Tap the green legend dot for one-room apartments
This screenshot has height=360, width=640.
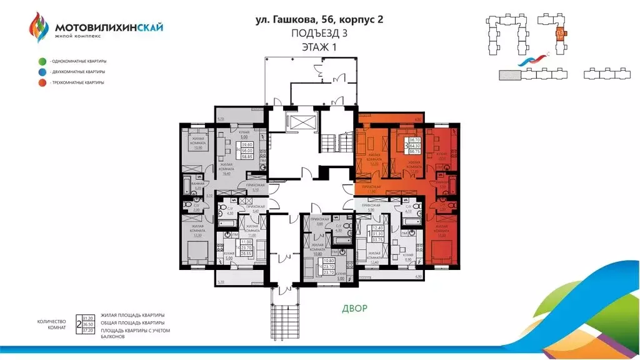click(41, 61)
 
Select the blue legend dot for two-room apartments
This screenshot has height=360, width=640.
click(41, 72)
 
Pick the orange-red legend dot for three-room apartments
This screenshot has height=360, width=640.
click(41, 82)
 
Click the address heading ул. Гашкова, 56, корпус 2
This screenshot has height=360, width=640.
click(319, 19)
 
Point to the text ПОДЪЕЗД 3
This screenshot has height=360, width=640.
click(319, 34)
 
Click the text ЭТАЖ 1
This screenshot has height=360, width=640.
click(319, 48)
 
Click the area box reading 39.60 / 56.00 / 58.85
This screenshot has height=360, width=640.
click(251, 152)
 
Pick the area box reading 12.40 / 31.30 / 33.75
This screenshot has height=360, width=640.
click(377, 234)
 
